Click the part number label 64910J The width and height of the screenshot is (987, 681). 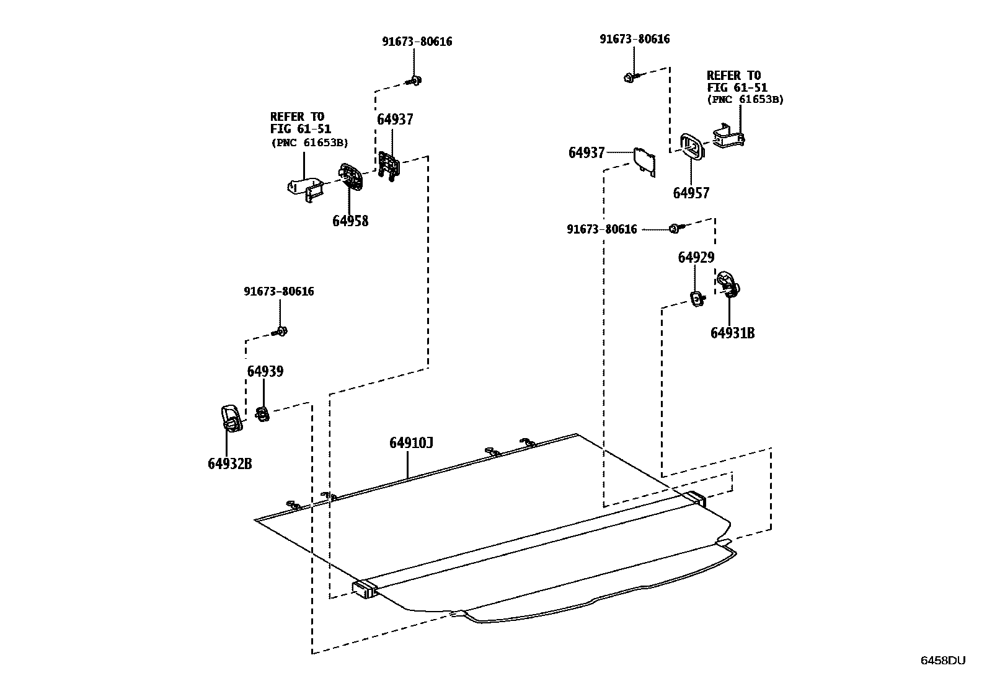[x=411, y=443]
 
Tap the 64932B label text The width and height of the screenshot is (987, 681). [x=230, y=464]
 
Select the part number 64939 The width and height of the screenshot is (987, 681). [x=265, y=372]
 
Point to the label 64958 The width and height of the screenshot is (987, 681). [x=350, y=221]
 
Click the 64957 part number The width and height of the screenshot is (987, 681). [x=691, y=193]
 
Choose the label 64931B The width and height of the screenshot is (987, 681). [x=733, y=333]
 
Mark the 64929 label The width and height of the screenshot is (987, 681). [x=696, y=258]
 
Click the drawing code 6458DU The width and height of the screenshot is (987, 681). [x=943, y=661]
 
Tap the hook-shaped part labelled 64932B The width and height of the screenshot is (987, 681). [x=230, y=417]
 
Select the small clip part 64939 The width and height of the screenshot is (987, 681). [x=262, y=413]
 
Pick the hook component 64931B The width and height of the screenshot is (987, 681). [x=728, y=284]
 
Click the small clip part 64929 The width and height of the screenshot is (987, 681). [x=697, y=299]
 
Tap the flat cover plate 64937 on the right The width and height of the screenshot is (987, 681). [x=644, y=160]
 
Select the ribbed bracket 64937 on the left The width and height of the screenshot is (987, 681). [x=389, y=166]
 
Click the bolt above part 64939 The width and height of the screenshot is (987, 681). [x=280, y=332]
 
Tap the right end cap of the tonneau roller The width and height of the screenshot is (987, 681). [x=696, y=498]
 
